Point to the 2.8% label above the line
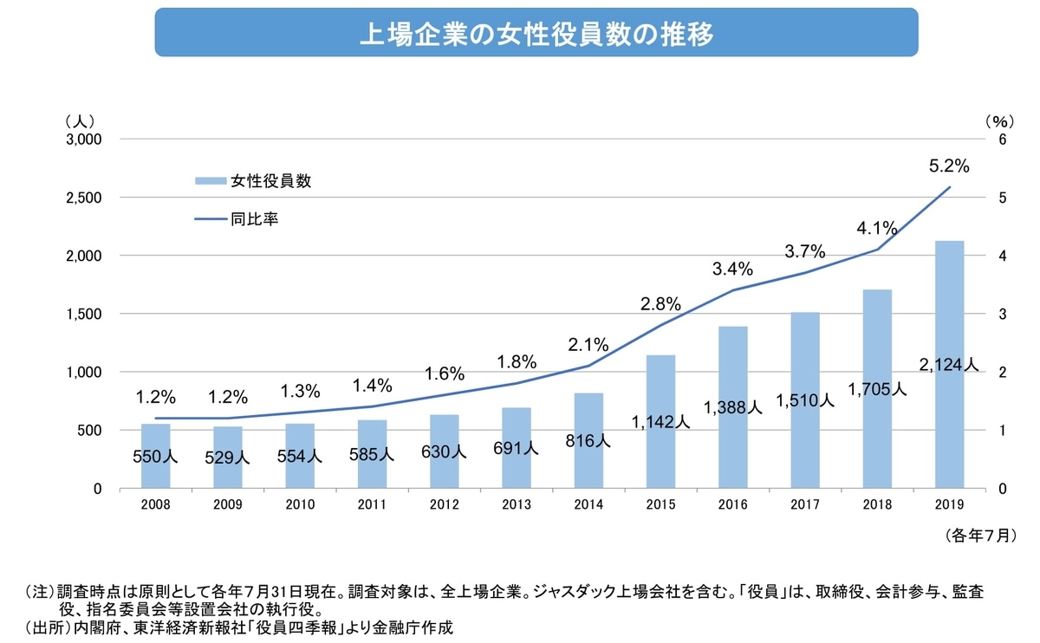click(660, 304)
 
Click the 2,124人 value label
click(950, 365)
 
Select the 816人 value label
click(589, 440)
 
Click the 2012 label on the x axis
click(445, 504)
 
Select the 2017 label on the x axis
click(805, 504)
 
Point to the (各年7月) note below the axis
click(979, 536)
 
